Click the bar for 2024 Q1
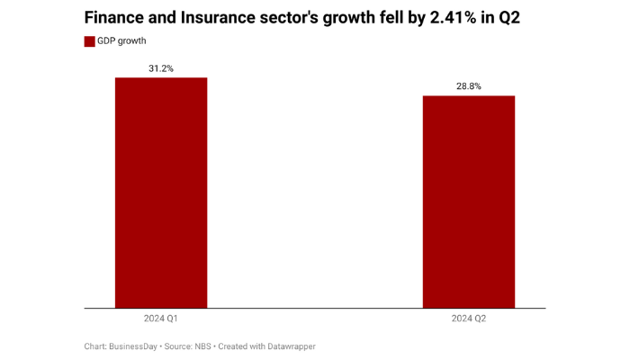coord(161,193)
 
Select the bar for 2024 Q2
coord(469,202)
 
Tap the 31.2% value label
coord(161,68)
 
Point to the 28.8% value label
coord(469,86)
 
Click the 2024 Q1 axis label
coord(161,319)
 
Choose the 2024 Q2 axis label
coord(469,319)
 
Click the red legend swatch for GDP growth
coord(90,41)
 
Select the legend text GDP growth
coord(122,41)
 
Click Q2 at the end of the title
coord(533,18)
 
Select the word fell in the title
coord(405,18)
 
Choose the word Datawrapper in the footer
coord(290,346)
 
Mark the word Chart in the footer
coord(96,346)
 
